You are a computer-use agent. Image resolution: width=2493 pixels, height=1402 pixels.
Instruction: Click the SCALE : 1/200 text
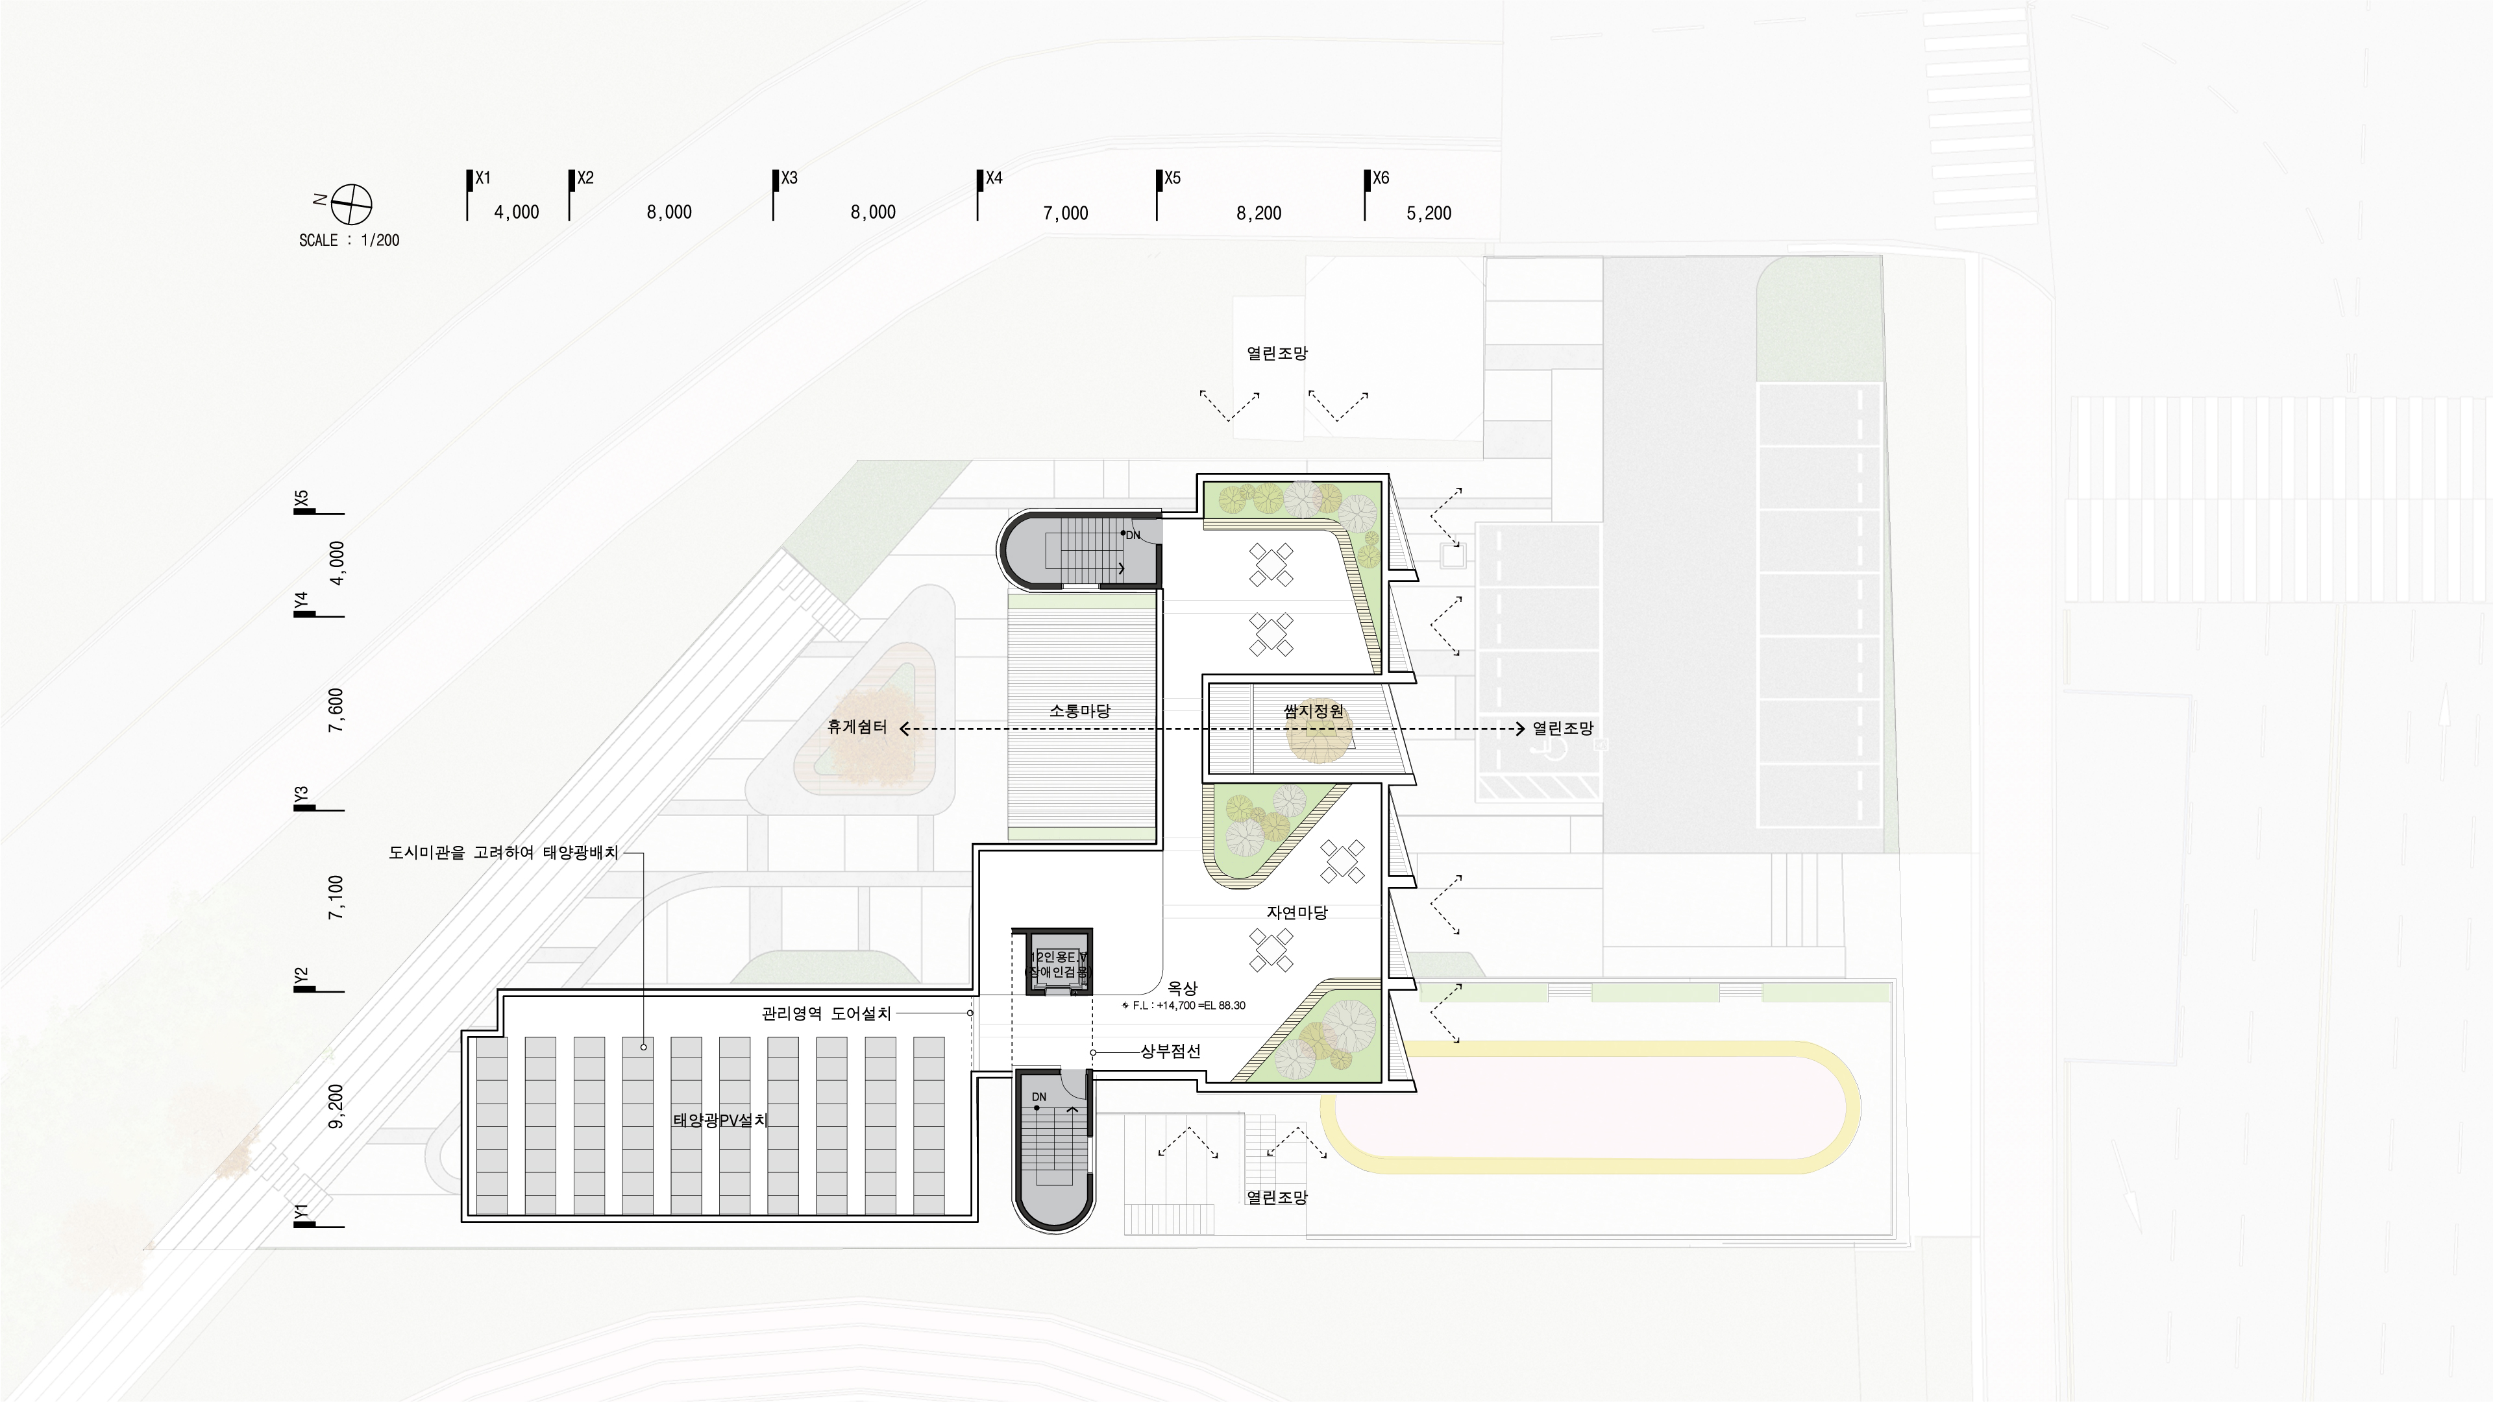tap(349, 240)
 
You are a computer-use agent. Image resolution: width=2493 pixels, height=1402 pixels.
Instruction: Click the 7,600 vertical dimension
tap(336, 710)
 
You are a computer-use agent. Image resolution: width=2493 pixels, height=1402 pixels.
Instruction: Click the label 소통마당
tap(1080, 710)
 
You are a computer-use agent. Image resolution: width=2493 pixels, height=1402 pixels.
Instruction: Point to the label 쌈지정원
tap(1313, 710)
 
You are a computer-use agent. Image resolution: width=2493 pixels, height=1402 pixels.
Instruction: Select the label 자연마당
tap(1297, 912)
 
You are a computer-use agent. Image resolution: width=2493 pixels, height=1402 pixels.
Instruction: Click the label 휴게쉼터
tap(857, 727)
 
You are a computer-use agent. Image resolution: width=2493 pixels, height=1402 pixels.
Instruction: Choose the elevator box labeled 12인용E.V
tap(1059, 963)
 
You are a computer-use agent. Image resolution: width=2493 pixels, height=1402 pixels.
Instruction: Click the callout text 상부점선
tap(1170, 1052)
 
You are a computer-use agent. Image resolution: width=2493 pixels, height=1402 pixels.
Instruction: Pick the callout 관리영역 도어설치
tap(826, 1013)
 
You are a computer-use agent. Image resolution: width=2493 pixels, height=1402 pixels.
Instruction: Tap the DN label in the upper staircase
tap(1133, 535)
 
